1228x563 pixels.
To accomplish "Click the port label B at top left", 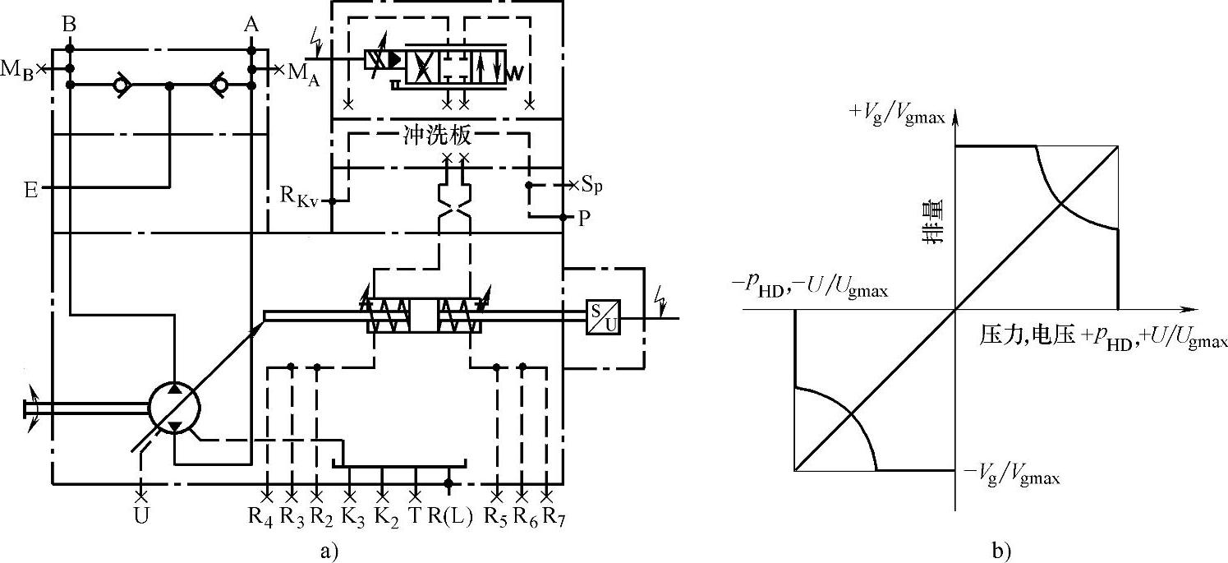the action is (x=69, y=24).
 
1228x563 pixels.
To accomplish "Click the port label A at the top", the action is (x=251, y=24).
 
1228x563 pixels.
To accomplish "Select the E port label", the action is (x=31, y=190).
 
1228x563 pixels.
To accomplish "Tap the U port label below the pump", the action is (x=141, y=516).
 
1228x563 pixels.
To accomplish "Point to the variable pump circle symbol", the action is (x=174, y=407).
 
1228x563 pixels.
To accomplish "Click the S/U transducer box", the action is (x=604, y=317).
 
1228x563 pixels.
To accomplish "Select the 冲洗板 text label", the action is (x=437, y=136).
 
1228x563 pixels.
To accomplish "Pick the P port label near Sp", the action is (x=584, y=219).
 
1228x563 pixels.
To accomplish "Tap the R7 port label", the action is (x=554, y=517).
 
